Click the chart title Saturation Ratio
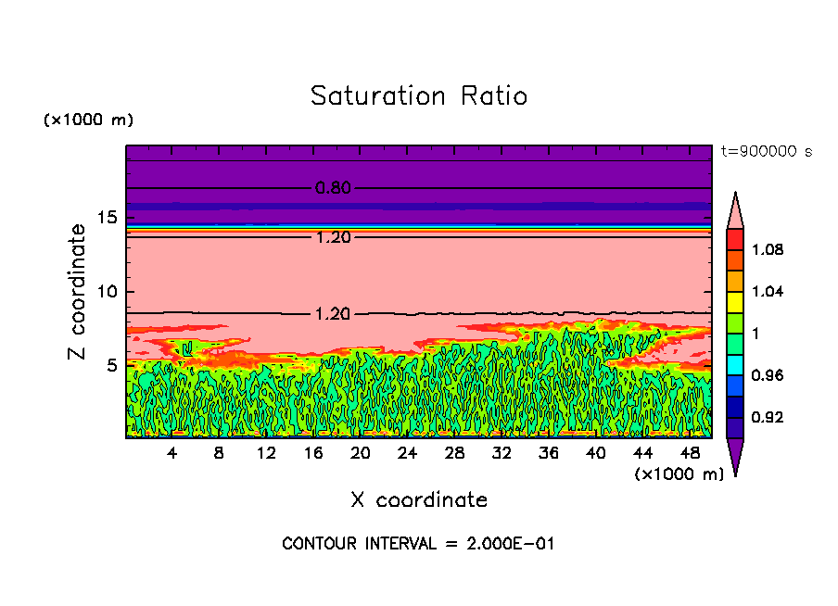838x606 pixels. [419, 95]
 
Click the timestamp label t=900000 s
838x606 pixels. [766, 151]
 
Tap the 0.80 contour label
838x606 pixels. [333, 188]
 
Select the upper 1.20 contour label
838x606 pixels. [333, 237]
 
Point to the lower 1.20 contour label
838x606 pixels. [333, 314]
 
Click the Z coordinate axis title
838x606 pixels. [78, 291]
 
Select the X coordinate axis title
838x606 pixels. [419, 500]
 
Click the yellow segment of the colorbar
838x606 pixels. [735, 301]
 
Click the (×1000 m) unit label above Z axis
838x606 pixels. [89, 120]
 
